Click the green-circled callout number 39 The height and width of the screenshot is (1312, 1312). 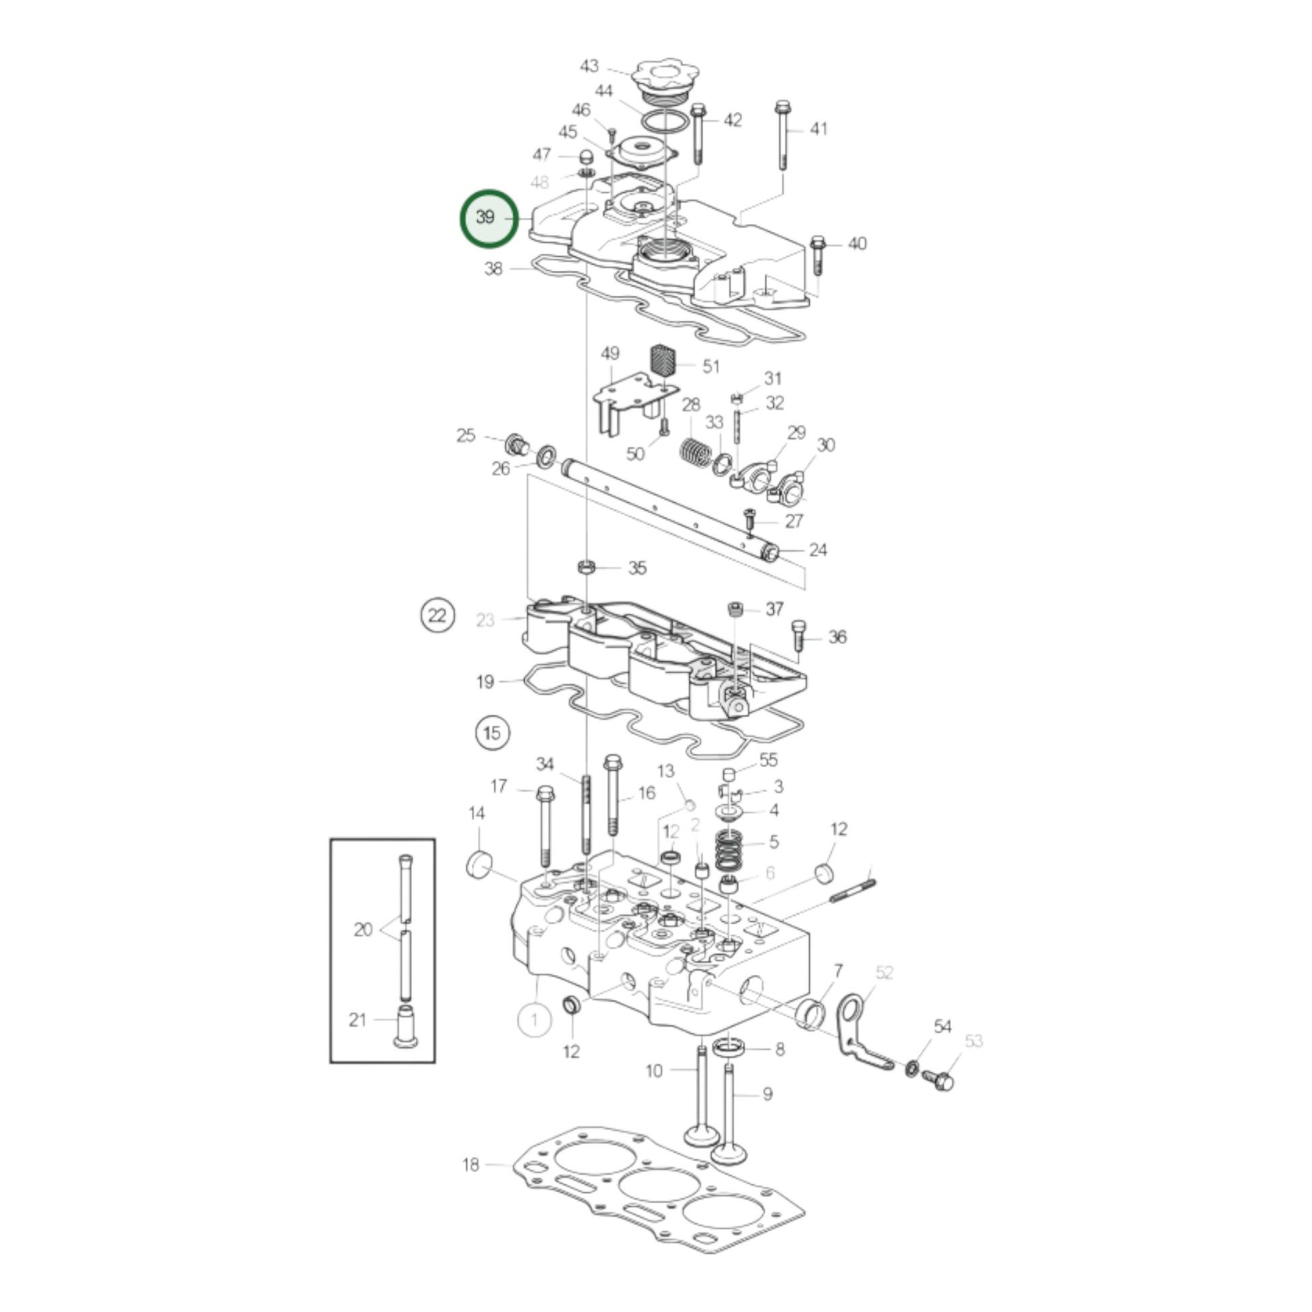[489, 218]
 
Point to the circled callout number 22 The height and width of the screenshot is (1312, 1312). [438, 616]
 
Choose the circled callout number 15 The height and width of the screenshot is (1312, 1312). [492, 733]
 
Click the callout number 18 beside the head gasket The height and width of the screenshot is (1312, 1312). [471, 1164]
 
